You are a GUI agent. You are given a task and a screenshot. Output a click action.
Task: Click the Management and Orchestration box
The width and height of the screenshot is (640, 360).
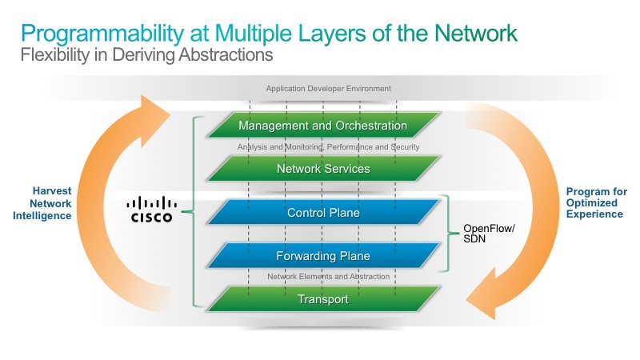(x=323, y=125)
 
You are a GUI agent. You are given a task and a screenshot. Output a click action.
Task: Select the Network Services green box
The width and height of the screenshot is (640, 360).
(x=323, y=168)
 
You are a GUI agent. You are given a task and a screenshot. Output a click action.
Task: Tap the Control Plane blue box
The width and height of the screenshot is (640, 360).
(x=323, y=212)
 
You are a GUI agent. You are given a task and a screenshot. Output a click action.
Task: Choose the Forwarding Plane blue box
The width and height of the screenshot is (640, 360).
(x=323, y=255)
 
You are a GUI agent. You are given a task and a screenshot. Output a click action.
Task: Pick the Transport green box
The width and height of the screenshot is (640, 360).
(x=323, y=298)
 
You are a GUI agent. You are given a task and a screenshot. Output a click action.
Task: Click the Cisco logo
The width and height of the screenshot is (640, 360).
(x=151, y=210)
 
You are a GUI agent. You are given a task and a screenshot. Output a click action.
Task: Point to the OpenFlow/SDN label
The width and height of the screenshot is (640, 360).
(x=489, y=234)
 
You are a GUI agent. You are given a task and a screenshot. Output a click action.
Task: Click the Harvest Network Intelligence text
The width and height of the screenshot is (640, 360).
(x=42, y=203)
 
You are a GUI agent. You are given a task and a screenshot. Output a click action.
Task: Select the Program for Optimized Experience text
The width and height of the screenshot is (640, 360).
(x=596, y=203)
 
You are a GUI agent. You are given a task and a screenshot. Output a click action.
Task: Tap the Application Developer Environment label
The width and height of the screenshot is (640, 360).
(x=329, y=89)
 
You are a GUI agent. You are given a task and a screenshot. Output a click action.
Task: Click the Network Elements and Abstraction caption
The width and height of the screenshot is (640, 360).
(x=329, y=276)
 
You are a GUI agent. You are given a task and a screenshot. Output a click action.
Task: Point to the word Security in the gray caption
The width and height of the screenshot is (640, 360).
(x=406, y=147)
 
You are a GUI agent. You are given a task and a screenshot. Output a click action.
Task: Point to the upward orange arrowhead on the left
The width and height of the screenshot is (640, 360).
(x=153, y=120)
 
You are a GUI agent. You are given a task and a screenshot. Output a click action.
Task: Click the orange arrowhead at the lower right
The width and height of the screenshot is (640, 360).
(x=485, y=294)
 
